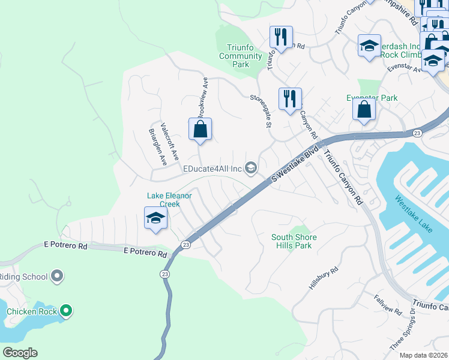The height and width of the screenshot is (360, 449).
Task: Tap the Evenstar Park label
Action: point(372,98)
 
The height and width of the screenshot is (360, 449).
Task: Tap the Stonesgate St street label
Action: point(261,110)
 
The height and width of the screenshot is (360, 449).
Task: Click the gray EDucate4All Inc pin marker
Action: point(251,169)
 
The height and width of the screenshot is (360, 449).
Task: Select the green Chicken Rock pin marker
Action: point(67,311)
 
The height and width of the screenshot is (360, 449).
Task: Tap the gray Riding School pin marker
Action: point(57,277)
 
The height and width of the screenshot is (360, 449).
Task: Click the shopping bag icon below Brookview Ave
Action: point(200,129)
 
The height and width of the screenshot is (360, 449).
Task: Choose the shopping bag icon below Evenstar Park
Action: point(364,110)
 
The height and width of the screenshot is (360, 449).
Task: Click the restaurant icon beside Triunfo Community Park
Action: point(281,37)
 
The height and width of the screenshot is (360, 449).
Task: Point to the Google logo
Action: point(20,353)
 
